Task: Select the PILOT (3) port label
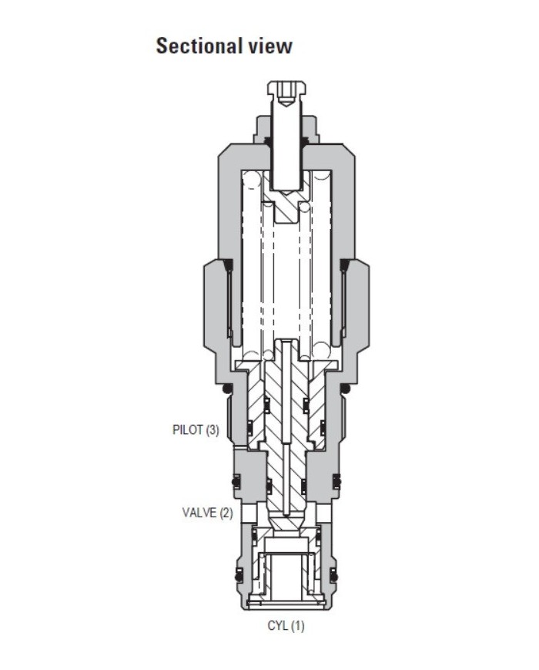(195, 430)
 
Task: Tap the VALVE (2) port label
(207, 512)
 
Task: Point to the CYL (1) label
(286, 625)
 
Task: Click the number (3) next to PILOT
(211, 430)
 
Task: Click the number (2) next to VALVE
(225, 512)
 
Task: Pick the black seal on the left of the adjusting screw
(267, 140)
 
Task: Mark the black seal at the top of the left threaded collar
(228, 267)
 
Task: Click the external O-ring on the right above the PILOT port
(347, 390)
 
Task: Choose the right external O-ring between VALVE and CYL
(334, 573)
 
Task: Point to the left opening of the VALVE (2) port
(246, 512)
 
